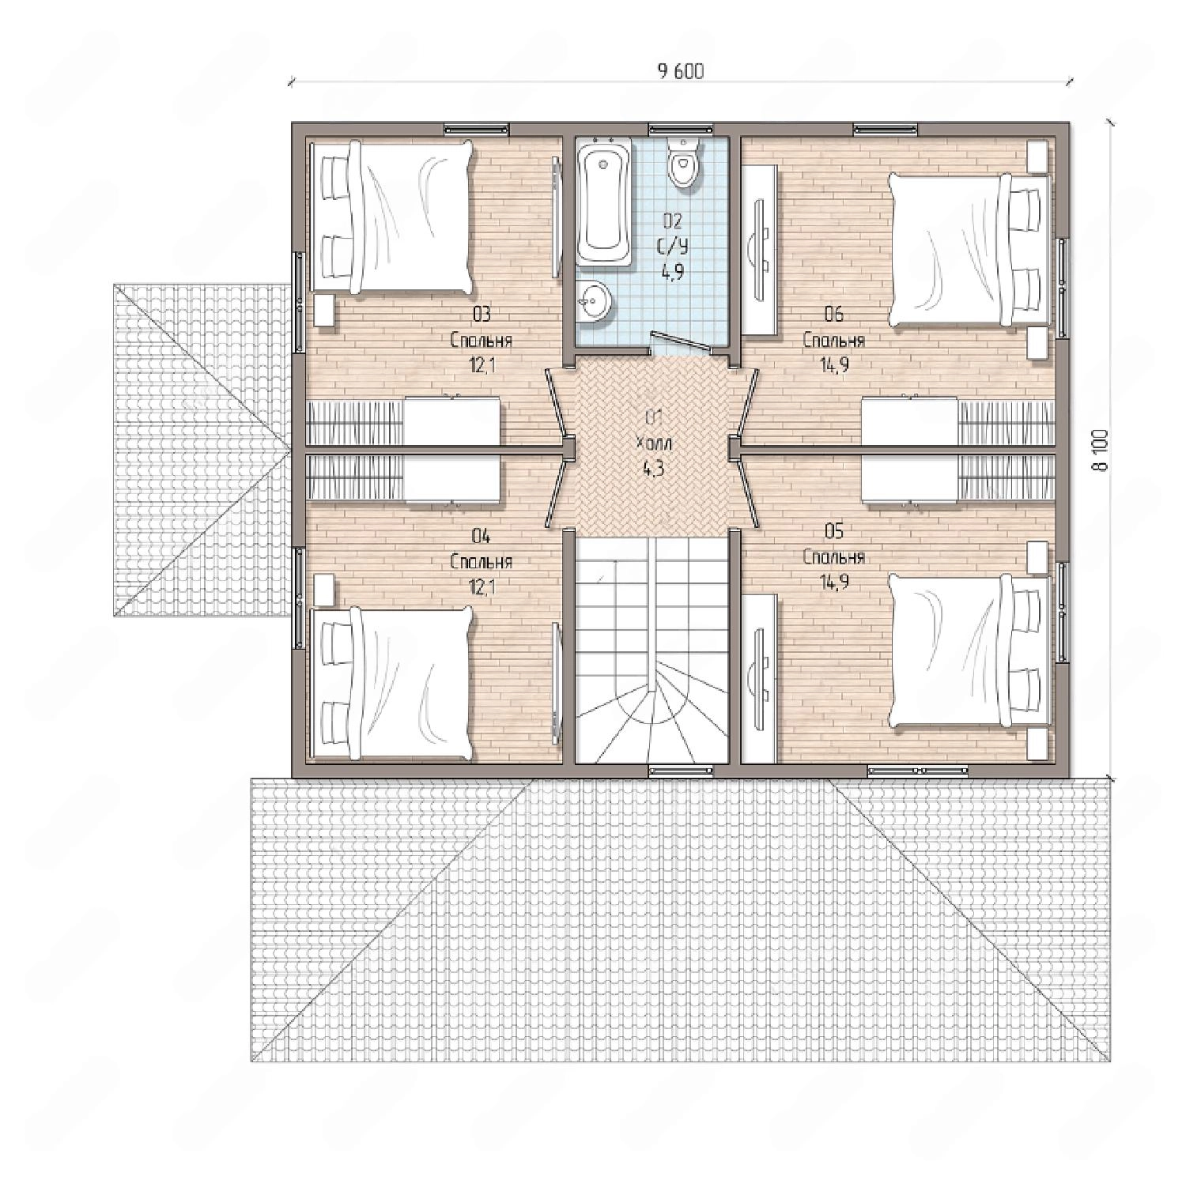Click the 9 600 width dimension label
(680, 71)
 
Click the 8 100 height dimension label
(1101, 450)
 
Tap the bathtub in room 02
(603, 202)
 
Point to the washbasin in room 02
(593, 300)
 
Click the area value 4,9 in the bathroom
(673, 271)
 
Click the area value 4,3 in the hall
(653, 468)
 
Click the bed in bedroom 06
(970, 249)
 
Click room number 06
(833, 315)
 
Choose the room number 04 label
(481, 537)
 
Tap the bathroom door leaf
(678, 340)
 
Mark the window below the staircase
(680, 770)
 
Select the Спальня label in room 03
(482, 341)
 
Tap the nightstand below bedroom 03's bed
(323, 311)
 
